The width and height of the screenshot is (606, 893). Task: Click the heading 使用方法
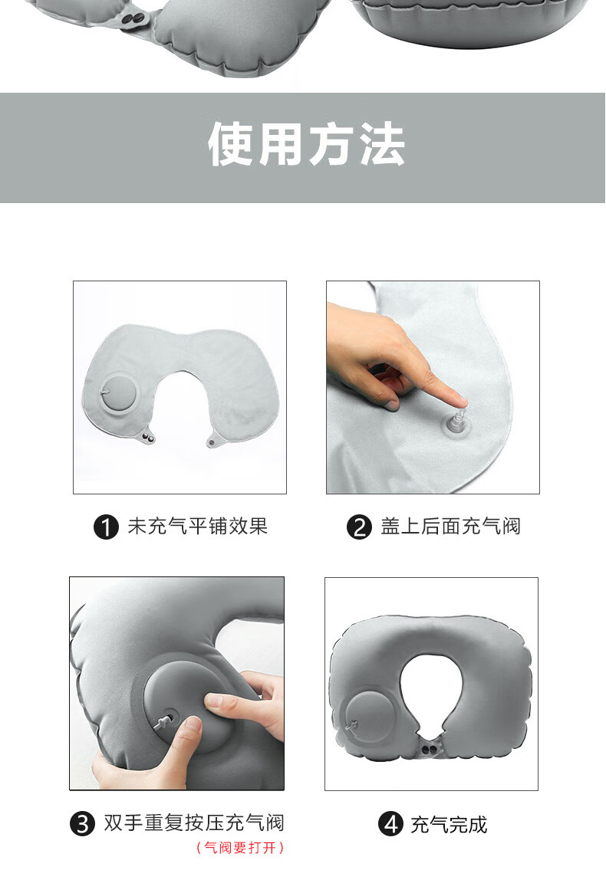click(306, 145)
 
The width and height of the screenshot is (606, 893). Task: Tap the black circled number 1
click(106, 527)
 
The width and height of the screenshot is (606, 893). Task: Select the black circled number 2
click(359, 527)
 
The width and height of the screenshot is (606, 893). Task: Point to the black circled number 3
click(83, 823)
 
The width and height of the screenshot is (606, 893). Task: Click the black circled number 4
click(390, 823)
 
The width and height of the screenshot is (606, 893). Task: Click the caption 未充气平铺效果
click(197, 527)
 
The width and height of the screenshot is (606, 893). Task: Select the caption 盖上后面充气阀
click(450, 527)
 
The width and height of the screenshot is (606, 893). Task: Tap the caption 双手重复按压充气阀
click(194, 823)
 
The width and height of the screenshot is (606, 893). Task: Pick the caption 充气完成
click(449, 824)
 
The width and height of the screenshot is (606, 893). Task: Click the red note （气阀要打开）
click(239, 848)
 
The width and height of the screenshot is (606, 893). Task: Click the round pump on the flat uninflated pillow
click(119, 393)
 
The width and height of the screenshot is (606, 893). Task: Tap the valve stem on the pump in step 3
click(164, 721)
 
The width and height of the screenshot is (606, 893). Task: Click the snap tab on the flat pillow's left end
click(149, 436)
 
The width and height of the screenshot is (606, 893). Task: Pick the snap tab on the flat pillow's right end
click(215, 440)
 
